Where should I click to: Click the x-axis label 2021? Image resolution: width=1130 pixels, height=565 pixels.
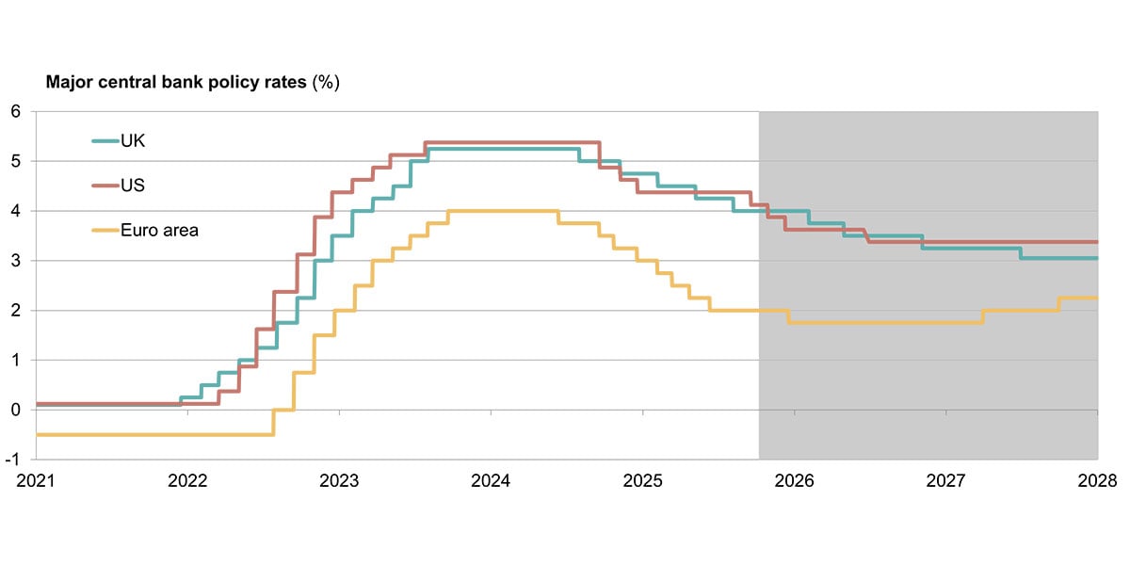[x=35, y=481]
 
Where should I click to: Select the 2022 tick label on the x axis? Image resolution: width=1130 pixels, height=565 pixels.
[x=186, y=481]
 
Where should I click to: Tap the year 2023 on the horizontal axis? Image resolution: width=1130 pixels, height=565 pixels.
[x=339, y=481]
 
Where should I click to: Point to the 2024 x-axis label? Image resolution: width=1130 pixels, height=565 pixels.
[x=491, y=481]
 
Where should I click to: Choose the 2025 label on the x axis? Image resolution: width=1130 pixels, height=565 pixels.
[x=643, y=481]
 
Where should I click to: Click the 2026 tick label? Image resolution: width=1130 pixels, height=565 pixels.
[x=795, y=481]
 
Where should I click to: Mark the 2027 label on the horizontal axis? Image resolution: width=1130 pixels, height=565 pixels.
[x=946, y=481]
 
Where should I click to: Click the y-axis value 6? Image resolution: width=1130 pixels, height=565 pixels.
[x=15, y=111]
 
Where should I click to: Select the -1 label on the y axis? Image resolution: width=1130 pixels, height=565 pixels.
[x=13, y=460]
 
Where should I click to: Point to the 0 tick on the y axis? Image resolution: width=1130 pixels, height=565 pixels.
[x=15, y=410]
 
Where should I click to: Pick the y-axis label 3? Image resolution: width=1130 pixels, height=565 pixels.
[x=15, y=261]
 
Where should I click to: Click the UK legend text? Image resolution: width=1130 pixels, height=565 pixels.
[x=133, y=141]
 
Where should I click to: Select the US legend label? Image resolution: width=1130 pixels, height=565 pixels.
[x=133, y=186]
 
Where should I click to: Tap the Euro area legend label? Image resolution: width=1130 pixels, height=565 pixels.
[x=159, y=230]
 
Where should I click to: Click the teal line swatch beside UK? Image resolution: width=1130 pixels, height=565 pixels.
[x=104, y=141]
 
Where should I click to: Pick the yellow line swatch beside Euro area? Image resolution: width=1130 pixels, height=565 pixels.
[x=104, y=230]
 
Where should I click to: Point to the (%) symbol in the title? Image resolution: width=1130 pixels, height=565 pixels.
[x=326, y=83]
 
